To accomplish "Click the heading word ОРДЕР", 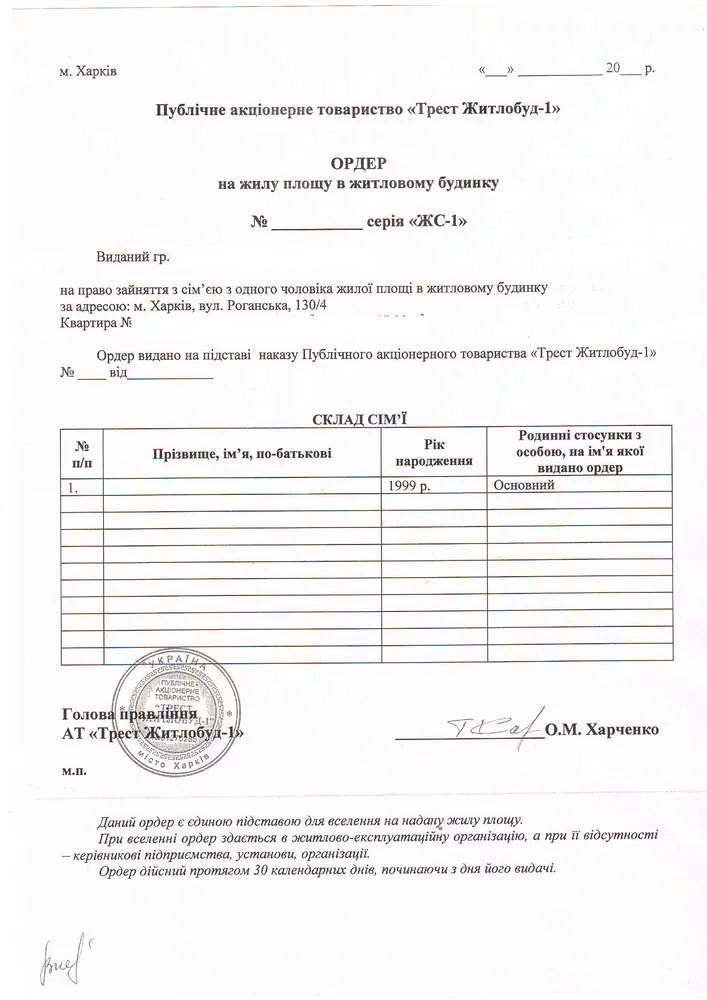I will coord(356,163).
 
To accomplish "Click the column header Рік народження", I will coord(433,453).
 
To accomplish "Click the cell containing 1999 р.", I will coord(411,486).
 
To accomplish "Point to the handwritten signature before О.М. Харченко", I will coord(490,728).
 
